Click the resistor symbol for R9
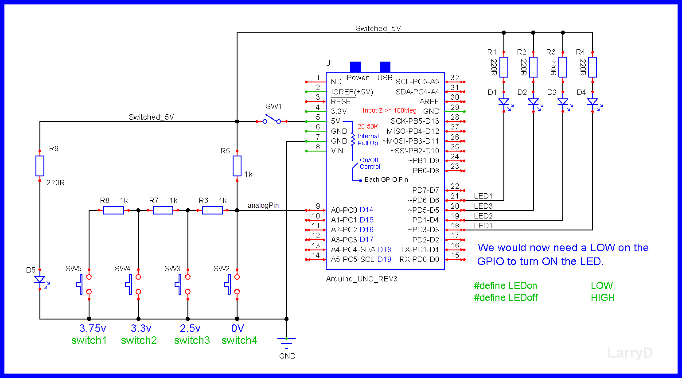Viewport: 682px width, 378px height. click(40, 166)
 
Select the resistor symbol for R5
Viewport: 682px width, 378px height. click(237, 166)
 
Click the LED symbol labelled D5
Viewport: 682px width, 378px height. click(40, 280)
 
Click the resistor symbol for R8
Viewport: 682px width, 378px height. click(113, 210)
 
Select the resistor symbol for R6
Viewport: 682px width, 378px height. click(212, 210)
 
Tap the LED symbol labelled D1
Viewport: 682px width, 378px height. click(504, 102)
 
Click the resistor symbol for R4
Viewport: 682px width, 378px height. click(592, 67)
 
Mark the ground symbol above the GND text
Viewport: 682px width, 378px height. click(286, 341)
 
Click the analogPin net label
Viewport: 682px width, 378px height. click(263, 205)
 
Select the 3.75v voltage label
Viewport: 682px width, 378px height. click(93, 328)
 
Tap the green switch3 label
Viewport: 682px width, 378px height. click(192, 340)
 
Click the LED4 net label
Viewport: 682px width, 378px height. click(483, 196)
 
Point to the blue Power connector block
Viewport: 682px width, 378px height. click(355, 66)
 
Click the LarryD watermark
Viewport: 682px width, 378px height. click(630, 353)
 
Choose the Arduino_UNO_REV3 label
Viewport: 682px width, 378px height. click(362, 279)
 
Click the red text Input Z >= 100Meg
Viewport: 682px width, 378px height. click(390, 110)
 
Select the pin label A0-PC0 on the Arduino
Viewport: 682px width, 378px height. click(344, 210)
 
